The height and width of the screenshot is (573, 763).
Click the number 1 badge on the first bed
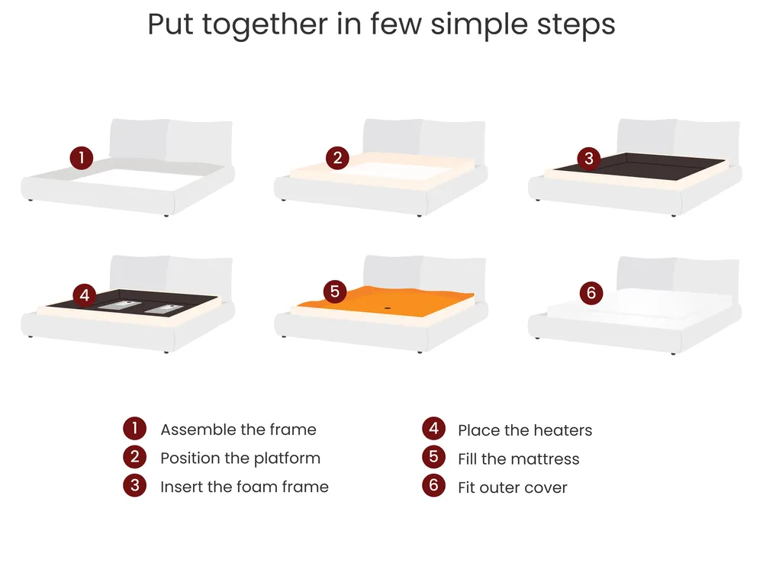(x=82, y=158)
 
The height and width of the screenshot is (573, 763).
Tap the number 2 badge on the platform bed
(x=337, y=158)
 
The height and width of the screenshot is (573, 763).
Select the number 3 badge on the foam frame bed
(x=589, y=158)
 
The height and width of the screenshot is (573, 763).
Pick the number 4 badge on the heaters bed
(x=85, y=295)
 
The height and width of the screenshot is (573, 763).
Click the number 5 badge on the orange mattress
(x=335, y=291)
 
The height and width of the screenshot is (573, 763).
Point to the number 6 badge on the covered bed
(x=591, y=293)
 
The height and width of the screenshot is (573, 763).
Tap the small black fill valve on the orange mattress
(x=388, y=308)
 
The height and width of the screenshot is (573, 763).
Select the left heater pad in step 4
(x=120, y=305)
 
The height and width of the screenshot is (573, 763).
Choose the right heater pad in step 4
(x=165, y=309)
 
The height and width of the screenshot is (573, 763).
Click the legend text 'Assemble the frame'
(x=238, y=430)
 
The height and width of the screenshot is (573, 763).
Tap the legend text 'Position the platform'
(x=240, y=459)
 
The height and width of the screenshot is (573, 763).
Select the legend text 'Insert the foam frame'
(x=244, y=487)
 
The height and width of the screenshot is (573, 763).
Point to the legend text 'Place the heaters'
(x=525, y=430)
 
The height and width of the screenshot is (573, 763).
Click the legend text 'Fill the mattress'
(x=519, y=459)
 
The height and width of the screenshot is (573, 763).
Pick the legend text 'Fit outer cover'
(x=513, y=488)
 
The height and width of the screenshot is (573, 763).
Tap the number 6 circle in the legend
(x=433, y=485)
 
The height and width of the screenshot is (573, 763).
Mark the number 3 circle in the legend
(x=135, y=485)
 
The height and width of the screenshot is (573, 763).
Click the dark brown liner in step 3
(x=640, y=166)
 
